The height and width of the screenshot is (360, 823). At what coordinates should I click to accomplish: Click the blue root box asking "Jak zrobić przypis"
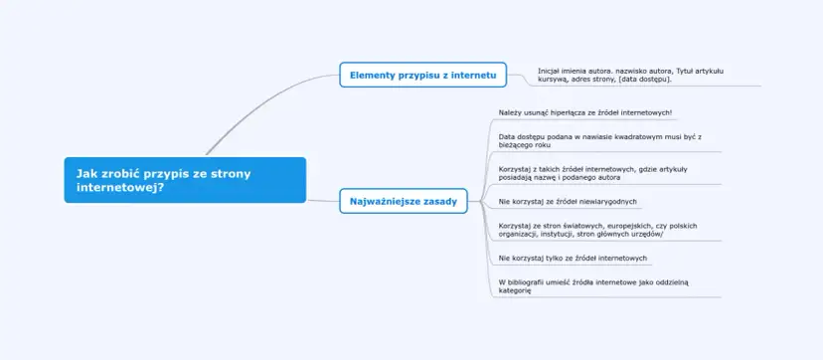coord(185,179)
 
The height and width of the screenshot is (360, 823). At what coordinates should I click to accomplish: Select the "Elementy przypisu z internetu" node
coord(423,75)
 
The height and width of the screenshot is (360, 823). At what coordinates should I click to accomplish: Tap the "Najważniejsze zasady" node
coord(404,201)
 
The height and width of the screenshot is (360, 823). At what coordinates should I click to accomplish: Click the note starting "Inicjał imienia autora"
coord(630,75)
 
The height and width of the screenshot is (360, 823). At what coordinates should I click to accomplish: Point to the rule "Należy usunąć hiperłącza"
coord(585,112)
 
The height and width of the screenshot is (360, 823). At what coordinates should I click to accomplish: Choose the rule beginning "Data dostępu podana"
coord(600,140)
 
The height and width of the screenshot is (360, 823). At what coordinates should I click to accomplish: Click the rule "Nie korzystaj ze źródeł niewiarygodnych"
coord(568,202)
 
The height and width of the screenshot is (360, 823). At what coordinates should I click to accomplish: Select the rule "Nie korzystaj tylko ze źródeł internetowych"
coord(573,259)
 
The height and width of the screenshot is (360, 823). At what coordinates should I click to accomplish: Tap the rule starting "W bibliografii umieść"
coord(593,286)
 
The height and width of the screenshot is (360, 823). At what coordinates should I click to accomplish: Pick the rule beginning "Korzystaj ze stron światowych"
coord(597,230)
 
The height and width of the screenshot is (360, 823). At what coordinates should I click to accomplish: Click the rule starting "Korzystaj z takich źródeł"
coord(593,173)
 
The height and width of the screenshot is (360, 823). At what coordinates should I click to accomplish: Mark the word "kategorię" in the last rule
coord(516,290)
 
